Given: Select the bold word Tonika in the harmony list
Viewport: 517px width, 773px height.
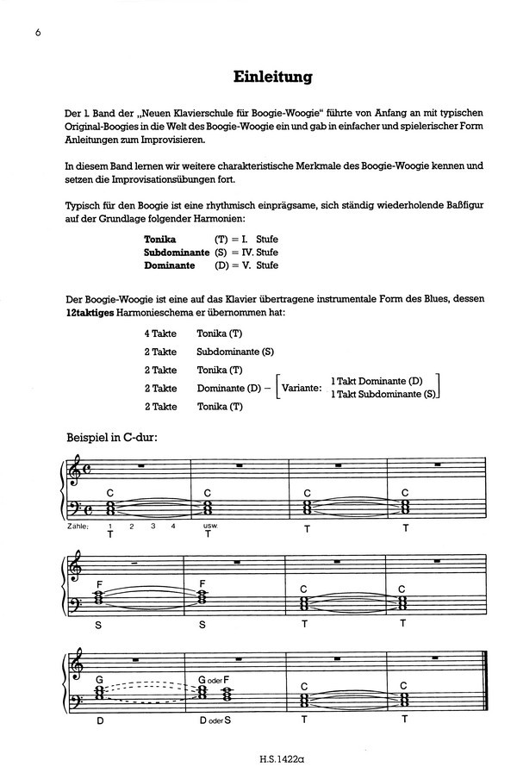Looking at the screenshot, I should coord(162,238).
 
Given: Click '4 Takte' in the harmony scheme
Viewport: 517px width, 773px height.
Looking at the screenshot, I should coord(160,333).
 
